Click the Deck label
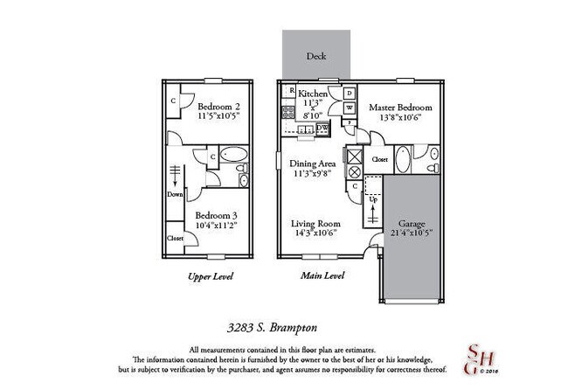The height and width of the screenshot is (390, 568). click(316, 57)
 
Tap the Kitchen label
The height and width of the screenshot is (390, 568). click(313, 94)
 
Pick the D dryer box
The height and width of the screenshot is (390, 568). click(349, 93)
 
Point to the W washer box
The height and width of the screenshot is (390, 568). click(349, 108)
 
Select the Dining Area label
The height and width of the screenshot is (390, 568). click(314, 162)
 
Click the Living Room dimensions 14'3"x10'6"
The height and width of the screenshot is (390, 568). click(315, 234)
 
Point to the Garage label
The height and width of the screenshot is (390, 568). click(412, 223)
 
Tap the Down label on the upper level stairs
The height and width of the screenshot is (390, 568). click(175, 194)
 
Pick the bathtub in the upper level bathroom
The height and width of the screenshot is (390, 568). click(232, 158)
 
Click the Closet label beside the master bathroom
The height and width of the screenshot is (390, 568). click(379, 160)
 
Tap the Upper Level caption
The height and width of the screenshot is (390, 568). click(210, 276)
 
